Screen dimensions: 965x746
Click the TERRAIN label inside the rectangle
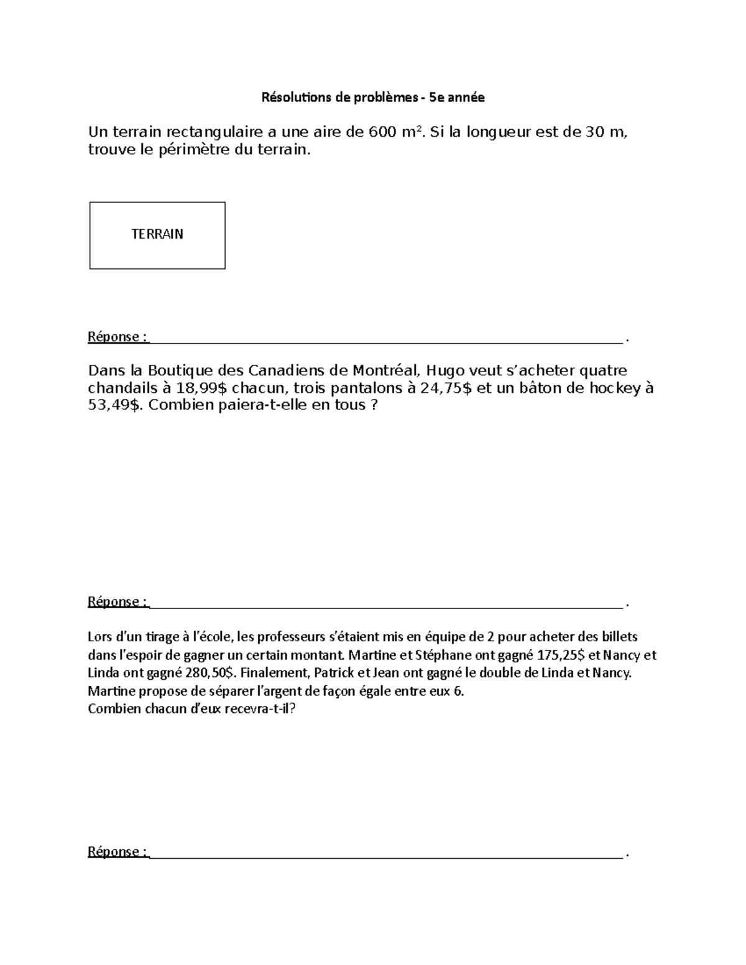[157, 234]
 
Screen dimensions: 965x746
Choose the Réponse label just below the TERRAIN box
[117, 337]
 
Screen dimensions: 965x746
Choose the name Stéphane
[442, 655]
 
